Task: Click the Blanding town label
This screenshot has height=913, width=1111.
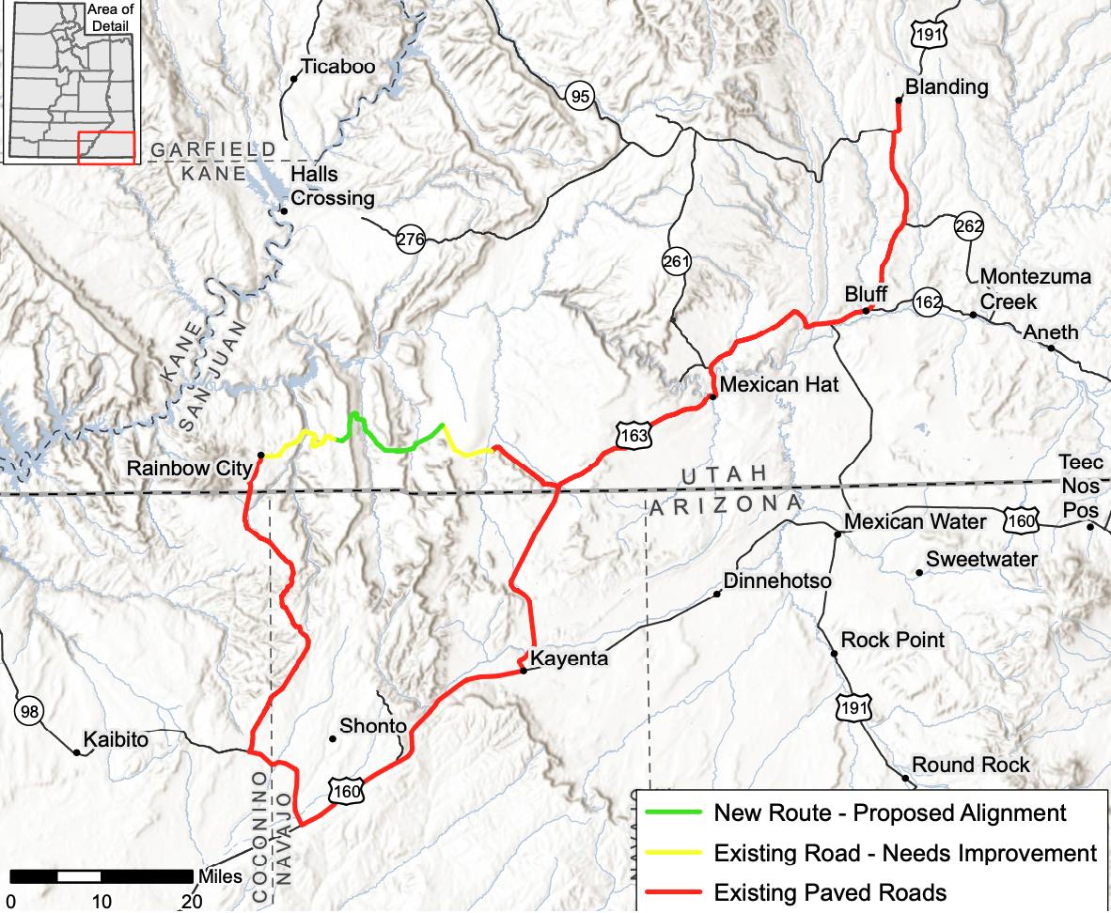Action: point(947,87)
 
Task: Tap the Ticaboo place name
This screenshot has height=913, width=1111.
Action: point(337,67)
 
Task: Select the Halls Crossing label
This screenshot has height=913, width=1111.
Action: point(332,187)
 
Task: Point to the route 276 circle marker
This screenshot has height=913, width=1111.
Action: point(410,239)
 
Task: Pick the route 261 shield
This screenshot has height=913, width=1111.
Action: point(676,262)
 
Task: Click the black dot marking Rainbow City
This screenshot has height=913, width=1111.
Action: point(260,455)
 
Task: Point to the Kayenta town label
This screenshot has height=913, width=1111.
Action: point(570,659)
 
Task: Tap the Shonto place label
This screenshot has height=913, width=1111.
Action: point(373,726)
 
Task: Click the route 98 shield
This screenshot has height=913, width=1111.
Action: point(29,711)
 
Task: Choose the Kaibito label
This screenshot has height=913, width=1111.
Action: point(116,739)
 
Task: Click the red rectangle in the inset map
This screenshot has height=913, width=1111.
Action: point(105,148)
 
